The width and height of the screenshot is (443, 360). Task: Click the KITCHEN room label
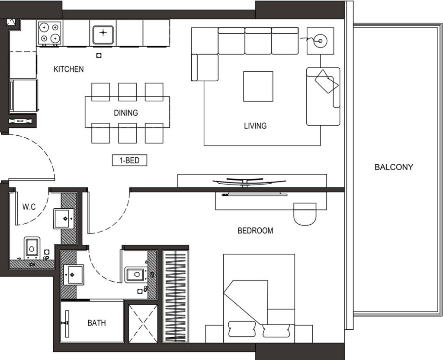pyautogui.click(x=69, y=69)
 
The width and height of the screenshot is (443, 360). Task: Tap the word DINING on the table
pyautogui.click(x=126, y=113)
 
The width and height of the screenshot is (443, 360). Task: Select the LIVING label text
pyautogui.click(x=255, y=126)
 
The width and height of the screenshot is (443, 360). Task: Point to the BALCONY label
pyautogui.click(x=394, y=167)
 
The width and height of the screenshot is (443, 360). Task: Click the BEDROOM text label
pyautogui.click(x=255, y=231)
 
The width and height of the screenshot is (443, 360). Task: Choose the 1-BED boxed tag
pyautogui.click(x=130, y=160)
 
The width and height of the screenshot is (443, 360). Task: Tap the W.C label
pyautogui.click(x=29, y=207)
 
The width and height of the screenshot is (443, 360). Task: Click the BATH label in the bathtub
pyautogui.click(x=96, y=322)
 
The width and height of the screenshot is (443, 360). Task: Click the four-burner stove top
pyautogui.click(x=50, y=33)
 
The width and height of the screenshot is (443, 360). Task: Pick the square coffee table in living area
pyautogui.click(x=258, y=86)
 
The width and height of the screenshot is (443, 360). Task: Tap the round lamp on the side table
pyautogui.click(x=321, y=41)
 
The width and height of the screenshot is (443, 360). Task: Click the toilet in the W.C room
pyautogui.click(x=32, y=248)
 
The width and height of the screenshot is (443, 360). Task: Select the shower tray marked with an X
pyautogui.click(x=143, y=323)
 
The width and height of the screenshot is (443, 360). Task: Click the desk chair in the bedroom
pyautogui.click(x=305, y=214)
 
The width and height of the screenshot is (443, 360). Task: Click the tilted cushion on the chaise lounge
pyautogui.click(x=327, y=81)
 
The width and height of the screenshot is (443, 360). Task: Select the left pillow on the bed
pyautogui.click(x=242, y=329)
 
